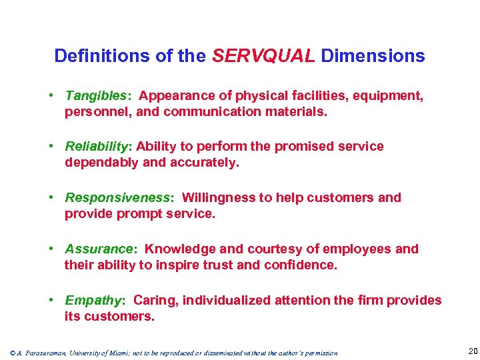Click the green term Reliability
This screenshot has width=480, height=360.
97,147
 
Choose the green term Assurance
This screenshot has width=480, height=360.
99,249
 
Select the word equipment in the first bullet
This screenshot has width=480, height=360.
389,95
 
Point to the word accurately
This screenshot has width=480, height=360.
199,163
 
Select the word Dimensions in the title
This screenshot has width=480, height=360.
373,56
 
